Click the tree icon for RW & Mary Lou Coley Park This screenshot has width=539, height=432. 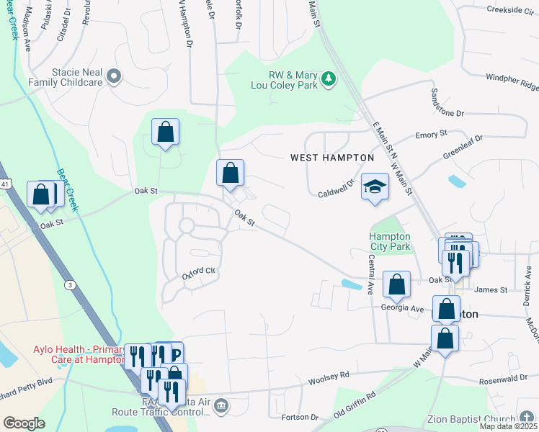pos(329,78)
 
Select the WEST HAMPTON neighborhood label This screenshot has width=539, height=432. pos(332,158)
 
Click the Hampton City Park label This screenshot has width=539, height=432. pos(389,241)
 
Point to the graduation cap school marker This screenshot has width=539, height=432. pos(375,188)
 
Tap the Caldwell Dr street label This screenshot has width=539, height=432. pos(337,189)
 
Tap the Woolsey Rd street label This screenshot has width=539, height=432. pos(328,375)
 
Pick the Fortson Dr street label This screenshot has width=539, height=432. pos(301,418)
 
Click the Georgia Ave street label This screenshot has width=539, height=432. pos(402,308)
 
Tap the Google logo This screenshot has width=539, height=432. pos(24,423)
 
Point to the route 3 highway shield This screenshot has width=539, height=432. pos(69,285)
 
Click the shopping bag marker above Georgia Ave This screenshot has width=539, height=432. pos(396,285)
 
